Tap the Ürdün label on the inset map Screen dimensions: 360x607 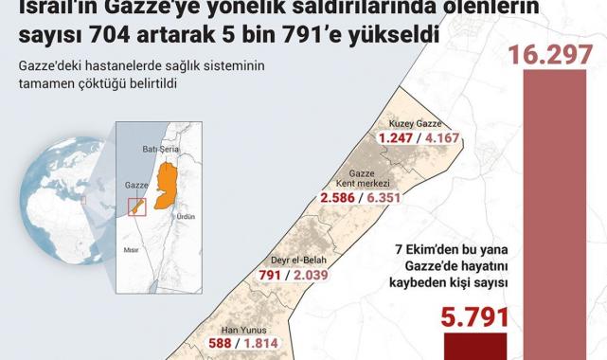185,216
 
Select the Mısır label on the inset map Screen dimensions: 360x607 132,251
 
